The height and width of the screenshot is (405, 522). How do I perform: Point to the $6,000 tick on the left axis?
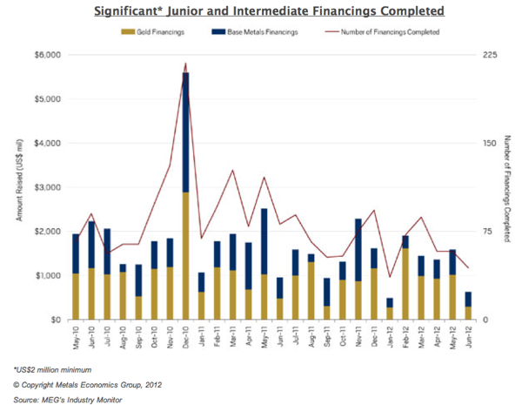click(x=46, y=55)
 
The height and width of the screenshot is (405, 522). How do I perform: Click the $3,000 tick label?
click(x=46, y=187)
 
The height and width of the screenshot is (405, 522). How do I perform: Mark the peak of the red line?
click(x=185, y=64)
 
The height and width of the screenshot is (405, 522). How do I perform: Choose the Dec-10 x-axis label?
click(x=185, y=335)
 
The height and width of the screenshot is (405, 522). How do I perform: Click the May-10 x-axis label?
click(x=77, y=335)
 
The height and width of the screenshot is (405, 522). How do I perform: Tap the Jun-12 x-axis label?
click(x=467, y=335)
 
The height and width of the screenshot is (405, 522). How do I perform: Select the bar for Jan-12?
click(x=390, y=309)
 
